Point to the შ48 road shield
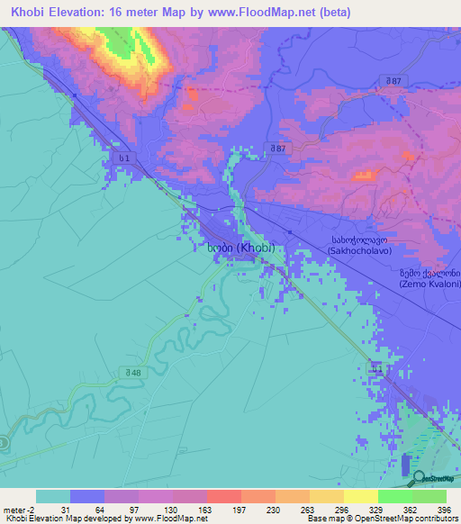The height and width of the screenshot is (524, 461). click(133, 373)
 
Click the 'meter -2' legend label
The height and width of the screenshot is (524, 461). click(18, 510)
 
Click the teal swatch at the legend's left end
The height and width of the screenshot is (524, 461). click(53, 496)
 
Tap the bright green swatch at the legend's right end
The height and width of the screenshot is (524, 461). click(429, 496)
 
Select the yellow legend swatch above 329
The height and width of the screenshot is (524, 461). click(360, 496)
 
